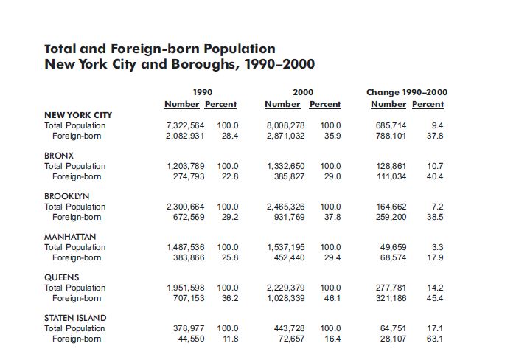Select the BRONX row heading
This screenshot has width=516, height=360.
click(60, 156)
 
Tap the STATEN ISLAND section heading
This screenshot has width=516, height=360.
click(75, 318)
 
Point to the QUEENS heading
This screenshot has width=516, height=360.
click(62, 277)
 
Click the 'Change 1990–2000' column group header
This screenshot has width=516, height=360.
click(406, 93)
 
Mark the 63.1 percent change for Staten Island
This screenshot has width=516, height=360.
click(435, 339)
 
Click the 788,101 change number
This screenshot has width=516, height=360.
click(391, 136)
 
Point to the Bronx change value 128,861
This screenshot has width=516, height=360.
click(391, 166)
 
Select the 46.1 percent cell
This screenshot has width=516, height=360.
click(332, 298)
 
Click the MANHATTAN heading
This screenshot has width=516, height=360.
click(71, 237)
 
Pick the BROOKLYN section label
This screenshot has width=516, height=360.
click(67, 196)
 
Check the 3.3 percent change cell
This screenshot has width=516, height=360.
click(437, 247)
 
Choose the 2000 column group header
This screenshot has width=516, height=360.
click(302, 93)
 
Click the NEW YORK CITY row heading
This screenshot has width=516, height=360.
click(78, 115)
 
